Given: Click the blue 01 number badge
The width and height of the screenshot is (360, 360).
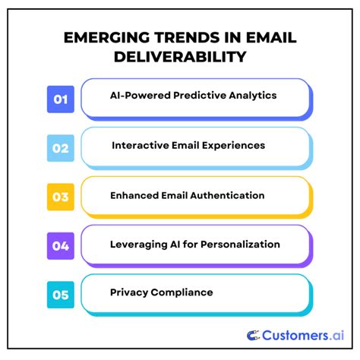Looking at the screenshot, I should click(61, 99).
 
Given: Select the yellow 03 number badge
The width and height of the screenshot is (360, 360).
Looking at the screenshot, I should click(61, 196).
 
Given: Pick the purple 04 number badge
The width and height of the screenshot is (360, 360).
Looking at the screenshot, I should click(61, 245).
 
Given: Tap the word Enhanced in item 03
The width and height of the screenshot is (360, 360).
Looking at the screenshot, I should click(134, 195).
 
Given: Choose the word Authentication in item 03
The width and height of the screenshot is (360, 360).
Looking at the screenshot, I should click(227, 195).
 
